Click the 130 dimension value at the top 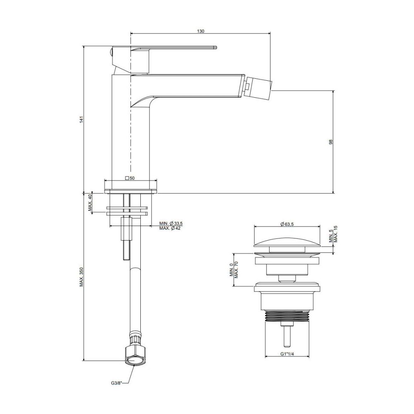click(x=201, y=31)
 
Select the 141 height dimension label click(x=82, y=119)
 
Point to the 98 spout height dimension click(x=331, y=142)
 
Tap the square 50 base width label click(x=130, y=178)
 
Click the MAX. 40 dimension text click(x=90, y=203)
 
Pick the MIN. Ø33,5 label click(x=171, y=224)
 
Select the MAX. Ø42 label click(x=170, y=229)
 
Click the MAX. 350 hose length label click(x=82, y=277)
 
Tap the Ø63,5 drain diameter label click(x=287, y=224)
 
